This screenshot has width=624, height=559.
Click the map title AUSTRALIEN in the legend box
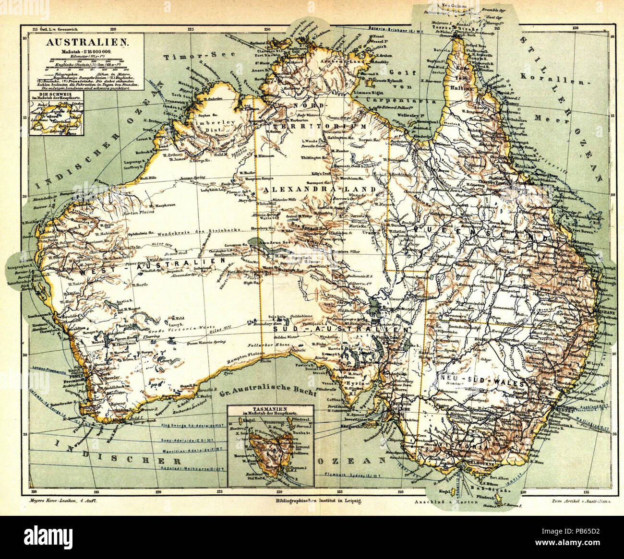[x=86, y=42]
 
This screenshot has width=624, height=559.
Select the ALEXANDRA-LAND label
[x=320, y=190]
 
